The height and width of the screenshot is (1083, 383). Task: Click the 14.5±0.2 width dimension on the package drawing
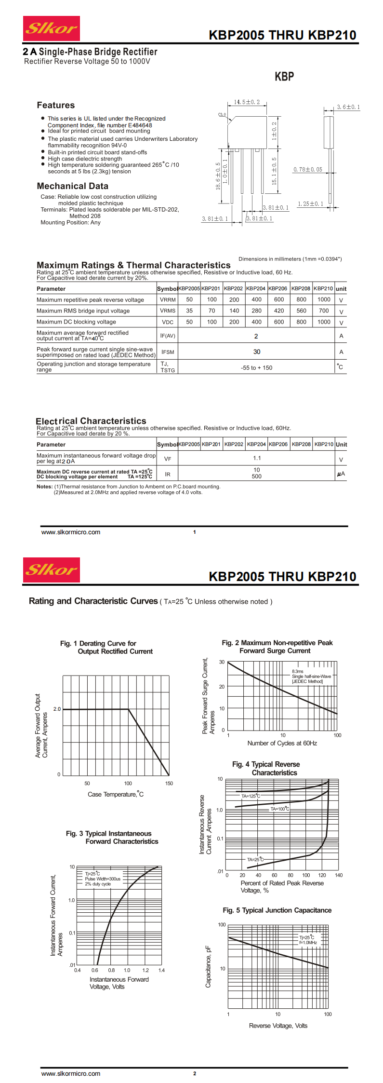coord(247,102)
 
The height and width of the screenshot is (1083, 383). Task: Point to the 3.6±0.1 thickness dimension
coord(348,107)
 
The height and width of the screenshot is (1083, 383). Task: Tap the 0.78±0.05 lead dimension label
coord(308,170)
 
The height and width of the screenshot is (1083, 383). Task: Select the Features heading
coord(56,105)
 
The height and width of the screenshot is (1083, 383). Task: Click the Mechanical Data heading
coord(72,186)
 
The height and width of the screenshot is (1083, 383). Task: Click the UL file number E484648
coord(140,125)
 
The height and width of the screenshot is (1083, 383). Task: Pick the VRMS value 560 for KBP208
coord(301,311)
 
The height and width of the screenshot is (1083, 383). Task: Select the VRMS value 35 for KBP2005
coord(189,311)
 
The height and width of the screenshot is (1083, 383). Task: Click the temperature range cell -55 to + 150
coord(256,368)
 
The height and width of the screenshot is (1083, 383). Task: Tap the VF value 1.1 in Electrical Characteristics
coord(257,458)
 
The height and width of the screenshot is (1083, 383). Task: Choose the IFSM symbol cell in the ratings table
coord(168,352)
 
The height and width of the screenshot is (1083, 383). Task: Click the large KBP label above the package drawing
coord(284,77)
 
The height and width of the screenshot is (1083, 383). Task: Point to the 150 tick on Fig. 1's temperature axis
coord(169,784)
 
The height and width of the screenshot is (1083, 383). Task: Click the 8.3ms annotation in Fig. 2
coord(298,671)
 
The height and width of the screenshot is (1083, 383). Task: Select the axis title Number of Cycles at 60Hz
coord(282,743)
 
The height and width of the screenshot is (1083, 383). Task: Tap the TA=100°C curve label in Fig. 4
coord(280,809)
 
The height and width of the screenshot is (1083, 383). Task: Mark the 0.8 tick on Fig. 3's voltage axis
coord(111,970)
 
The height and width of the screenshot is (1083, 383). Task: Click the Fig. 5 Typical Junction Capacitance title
coord(277,910)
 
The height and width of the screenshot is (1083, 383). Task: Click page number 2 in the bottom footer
coord(195,1073)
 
